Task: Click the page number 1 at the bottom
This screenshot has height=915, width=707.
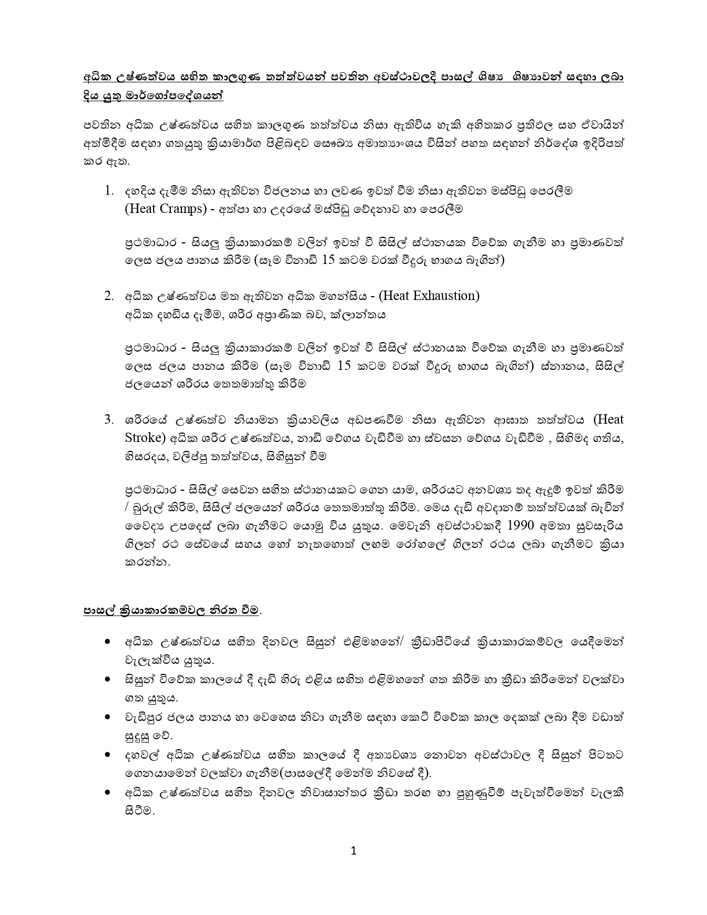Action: tap(354, 851)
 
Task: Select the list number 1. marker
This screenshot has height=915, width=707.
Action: tap(109, 190)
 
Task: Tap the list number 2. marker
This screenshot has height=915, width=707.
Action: tap(109, 296)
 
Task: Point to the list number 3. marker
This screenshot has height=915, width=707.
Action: tap(109, 419)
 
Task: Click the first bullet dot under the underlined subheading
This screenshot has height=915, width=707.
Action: tap(107, 642)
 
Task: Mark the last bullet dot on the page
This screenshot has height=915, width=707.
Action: tap(107, 792)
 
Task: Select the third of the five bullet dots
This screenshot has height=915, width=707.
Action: tap(107, 717)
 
